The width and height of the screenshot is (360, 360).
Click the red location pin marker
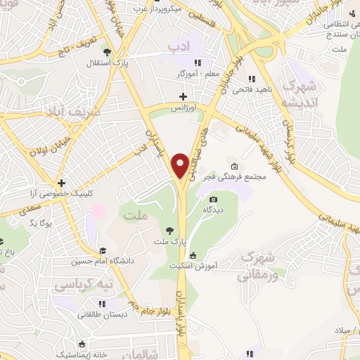point(181,165)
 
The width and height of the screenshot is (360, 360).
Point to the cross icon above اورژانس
point(184,96)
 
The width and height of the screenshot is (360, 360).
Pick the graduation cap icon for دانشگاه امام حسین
point(103,251)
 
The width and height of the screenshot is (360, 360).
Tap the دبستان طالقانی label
point(103,315)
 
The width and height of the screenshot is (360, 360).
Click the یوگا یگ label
point(41,222)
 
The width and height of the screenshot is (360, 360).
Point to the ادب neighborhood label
point(179,46)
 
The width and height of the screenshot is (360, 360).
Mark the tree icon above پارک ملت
point(169,229)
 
